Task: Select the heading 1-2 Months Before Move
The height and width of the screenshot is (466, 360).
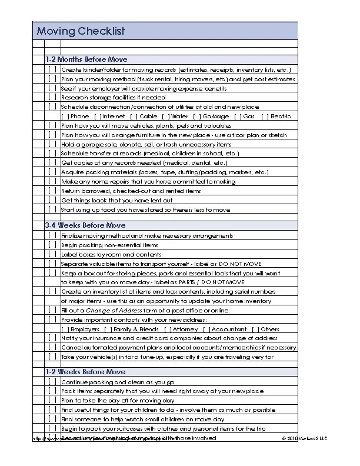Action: point(86,59)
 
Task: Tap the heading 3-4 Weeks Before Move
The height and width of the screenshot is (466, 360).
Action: point(85,225)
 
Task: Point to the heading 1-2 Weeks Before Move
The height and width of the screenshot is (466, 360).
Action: point(85,372)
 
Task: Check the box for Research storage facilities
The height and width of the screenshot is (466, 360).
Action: point(52,97)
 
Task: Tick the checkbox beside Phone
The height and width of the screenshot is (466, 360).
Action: point(65,116)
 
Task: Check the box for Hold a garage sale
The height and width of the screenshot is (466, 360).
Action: point(52,144)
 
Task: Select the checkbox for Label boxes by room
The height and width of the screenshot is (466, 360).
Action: point(52,254)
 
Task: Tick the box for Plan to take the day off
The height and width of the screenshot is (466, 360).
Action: point(52,400)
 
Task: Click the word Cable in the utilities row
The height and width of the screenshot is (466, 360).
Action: point(149,116)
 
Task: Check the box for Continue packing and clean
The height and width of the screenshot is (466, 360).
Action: point(52,381)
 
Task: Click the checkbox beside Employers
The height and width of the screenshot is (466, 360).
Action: point(65,329)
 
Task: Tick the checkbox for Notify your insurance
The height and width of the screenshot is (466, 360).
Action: point(52,338)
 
